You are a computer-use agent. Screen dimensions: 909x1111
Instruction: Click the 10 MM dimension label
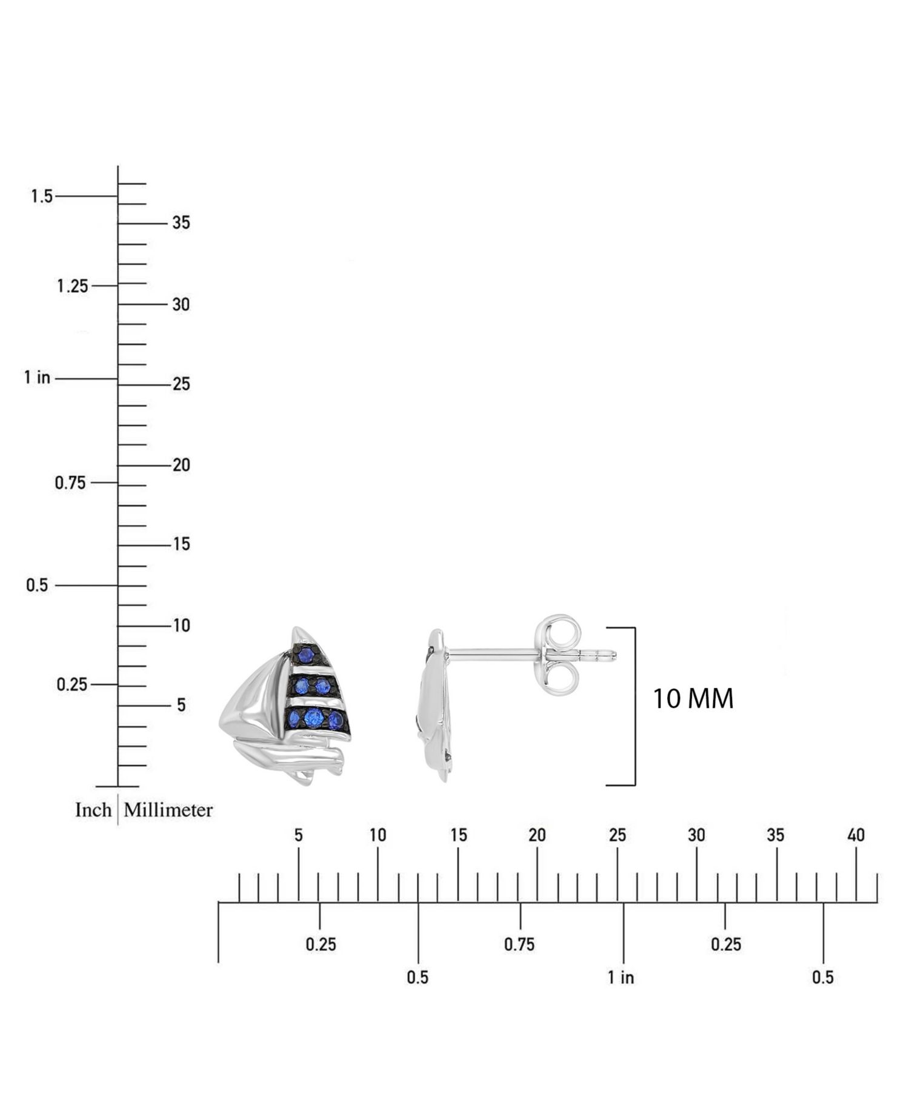693,698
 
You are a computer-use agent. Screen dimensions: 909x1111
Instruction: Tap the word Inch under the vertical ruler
93,810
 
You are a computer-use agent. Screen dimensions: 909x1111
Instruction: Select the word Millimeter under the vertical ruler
168,810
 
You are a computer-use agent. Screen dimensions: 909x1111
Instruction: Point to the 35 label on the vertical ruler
181,223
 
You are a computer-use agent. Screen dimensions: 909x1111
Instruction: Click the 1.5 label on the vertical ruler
42,196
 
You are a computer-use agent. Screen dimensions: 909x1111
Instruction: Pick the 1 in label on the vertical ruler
37,378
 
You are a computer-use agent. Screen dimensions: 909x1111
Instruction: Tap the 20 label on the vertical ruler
181,465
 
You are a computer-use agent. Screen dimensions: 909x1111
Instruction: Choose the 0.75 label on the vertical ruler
70,483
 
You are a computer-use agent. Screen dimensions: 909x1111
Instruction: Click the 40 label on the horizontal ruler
856,835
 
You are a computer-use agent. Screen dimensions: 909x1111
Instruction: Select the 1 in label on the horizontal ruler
621,977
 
